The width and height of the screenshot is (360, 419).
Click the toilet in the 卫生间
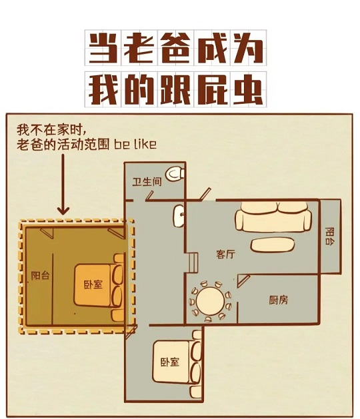pos(175,174)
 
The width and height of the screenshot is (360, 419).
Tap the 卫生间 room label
pos(147,182)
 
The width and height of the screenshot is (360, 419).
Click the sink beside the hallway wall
pos(179,216)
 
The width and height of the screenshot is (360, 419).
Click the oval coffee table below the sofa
pos(273,244)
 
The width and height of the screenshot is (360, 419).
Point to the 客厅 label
pos(226,254)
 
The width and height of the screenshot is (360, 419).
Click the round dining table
pos(211,301)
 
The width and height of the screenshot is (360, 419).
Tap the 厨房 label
pos(279,300)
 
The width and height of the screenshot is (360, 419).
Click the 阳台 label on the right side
pos(330,236)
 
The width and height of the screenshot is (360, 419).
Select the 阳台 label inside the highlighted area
pos(41,276)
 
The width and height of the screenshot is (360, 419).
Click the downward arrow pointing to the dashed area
pos(63,185)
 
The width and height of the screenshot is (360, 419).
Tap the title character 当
pos(103,47)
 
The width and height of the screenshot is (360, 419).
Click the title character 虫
pos(248,89)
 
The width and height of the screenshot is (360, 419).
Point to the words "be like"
pos(135,145)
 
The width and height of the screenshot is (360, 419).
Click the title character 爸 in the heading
pos(175,47)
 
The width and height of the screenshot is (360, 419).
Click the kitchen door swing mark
pos(243,281)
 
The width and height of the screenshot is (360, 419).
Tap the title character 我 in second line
pos(103,89)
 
